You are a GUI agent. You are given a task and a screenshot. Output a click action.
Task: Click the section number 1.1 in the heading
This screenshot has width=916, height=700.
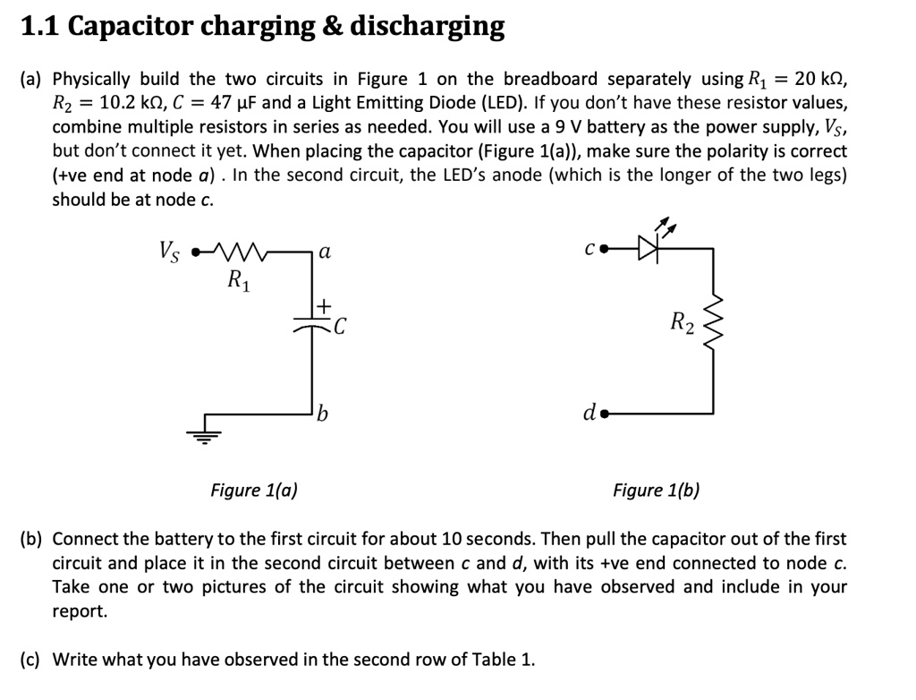39,27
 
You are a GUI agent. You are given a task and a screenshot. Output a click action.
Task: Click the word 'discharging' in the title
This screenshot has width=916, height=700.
427,27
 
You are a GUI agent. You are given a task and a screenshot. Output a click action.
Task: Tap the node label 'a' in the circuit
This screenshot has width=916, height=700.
325,253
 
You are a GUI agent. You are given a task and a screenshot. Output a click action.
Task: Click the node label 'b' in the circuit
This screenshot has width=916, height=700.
324,413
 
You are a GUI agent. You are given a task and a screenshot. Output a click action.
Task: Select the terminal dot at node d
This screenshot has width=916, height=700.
606,414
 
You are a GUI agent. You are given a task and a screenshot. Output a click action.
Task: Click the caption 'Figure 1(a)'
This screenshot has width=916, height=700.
254,490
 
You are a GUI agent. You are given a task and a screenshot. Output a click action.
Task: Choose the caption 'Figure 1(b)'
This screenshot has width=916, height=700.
656,490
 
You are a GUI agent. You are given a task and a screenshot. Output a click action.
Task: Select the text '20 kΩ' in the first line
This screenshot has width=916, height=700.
819,79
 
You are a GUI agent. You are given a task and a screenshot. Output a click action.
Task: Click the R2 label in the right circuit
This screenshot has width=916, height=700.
682,320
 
